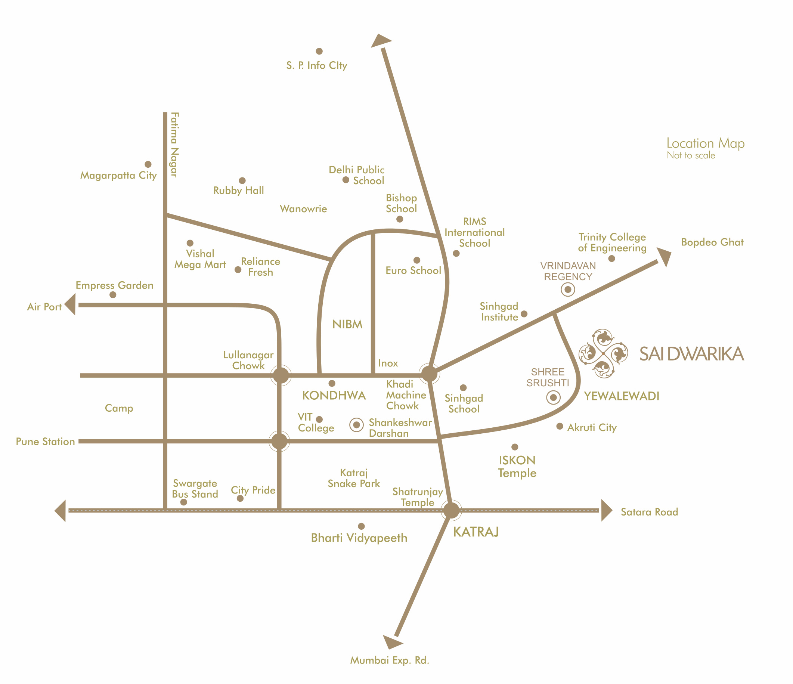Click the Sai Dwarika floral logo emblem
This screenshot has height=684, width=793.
[603, 353]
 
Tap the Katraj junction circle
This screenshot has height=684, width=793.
[451, 510]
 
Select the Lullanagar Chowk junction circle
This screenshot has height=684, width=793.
[281, 375]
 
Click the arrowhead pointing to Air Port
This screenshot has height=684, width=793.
[71, 305]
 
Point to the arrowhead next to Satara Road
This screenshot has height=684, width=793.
[606, 510]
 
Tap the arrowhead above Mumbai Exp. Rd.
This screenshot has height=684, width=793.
[391, 642]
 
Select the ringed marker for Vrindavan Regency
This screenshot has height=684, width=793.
[568, 290]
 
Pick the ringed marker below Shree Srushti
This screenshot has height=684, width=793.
[553, 398]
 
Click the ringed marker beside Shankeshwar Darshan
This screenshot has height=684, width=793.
[356, 424]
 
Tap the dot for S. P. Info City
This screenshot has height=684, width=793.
[319, 51]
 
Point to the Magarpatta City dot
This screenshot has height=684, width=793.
[148, 164]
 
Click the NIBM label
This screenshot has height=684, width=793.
[347, 325]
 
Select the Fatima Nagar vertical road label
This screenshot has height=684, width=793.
[174, 145]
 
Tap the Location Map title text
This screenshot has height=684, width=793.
[705, 143]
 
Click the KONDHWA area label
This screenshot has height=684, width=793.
[334, 395]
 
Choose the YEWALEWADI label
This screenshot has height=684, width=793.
[621, 396]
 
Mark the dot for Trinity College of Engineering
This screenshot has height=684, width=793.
[611, 259]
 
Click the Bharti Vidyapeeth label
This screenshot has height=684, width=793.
[359, 538]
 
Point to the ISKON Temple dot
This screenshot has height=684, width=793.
[515, 447]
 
